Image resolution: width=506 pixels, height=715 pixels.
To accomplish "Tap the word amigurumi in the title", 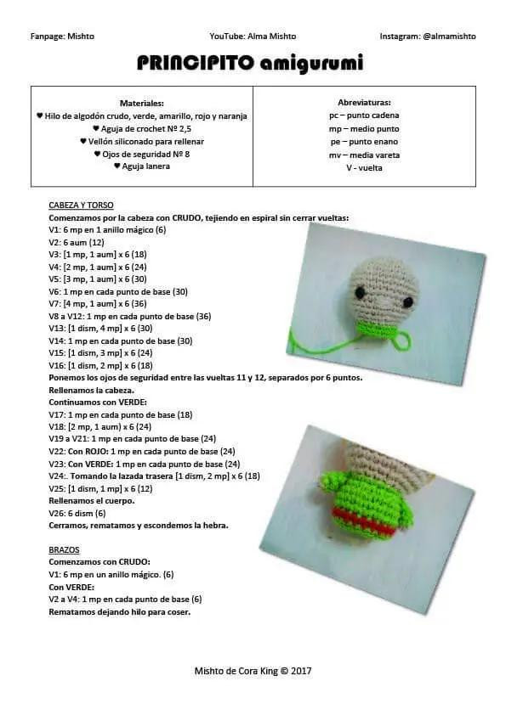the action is pos(311,63).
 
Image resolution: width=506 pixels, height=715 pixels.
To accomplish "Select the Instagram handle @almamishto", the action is pos(428,36).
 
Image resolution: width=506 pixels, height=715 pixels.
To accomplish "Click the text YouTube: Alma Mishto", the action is pos(253,36).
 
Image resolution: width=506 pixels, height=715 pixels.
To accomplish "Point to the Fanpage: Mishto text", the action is pos(62,36).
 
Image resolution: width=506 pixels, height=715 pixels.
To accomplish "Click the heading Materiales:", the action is pos(142,102).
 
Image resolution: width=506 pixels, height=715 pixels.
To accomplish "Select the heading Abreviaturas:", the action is pos(364,102).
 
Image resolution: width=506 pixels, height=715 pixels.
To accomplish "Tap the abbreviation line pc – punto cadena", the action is pos(364,115).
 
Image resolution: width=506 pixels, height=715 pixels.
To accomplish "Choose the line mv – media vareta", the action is pos(364,155).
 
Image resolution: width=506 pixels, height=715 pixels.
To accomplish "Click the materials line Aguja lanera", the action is pos(142,166).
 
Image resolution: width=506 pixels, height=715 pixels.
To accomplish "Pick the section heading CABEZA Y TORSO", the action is pos(82,205).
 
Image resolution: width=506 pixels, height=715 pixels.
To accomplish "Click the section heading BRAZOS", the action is pos(65,550).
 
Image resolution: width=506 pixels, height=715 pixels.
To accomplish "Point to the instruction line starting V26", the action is pos(77,513).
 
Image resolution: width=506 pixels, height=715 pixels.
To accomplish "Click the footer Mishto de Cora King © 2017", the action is pos(253,671).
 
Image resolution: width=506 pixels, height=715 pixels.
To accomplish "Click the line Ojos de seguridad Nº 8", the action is pos(142,154).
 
